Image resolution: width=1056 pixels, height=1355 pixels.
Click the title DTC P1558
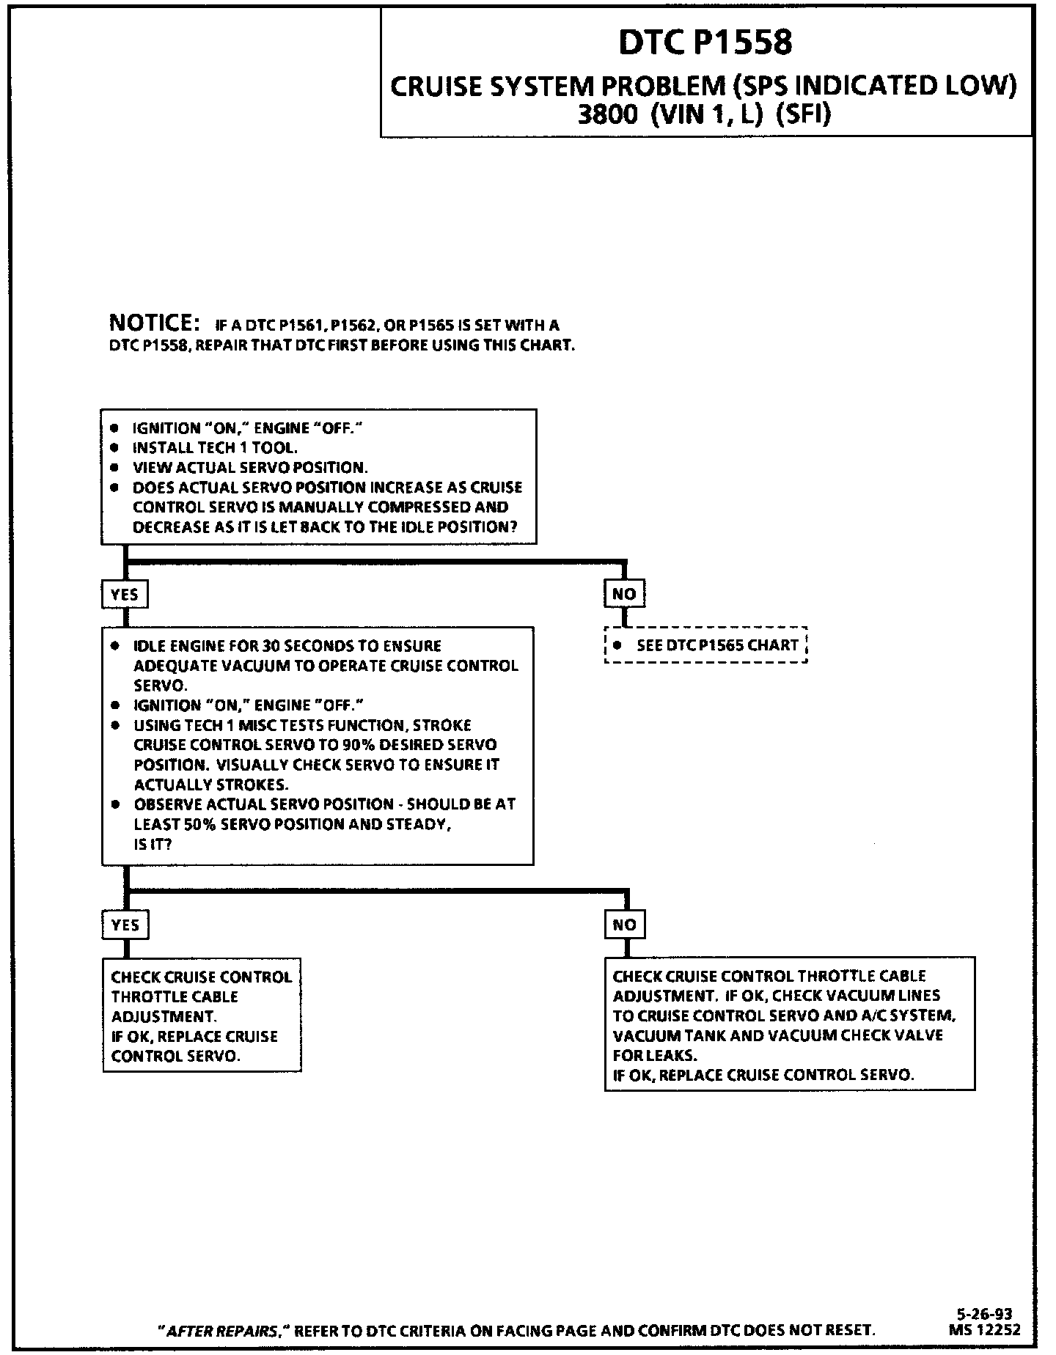click(705, 43)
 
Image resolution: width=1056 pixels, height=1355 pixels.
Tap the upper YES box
click(125, 594)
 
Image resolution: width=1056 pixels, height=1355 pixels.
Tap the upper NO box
click(624, 594)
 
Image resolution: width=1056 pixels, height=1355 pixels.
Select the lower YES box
click(125, 925)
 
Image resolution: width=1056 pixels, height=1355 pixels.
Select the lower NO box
click(624, 925)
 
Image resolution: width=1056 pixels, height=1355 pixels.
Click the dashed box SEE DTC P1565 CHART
click(705, 645)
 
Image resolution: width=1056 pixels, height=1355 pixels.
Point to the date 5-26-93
click(987, 1315)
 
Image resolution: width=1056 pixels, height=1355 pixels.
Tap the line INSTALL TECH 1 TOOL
click(215, 447)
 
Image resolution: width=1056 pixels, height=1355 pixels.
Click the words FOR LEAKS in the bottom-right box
click(655, 1056)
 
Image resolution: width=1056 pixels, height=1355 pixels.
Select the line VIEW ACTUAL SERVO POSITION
click(250, 467)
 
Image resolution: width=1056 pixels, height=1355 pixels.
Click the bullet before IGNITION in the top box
click(114, 427)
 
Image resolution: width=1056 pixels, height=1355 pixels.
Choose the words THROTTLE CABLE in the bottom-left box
click(175, 997)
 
